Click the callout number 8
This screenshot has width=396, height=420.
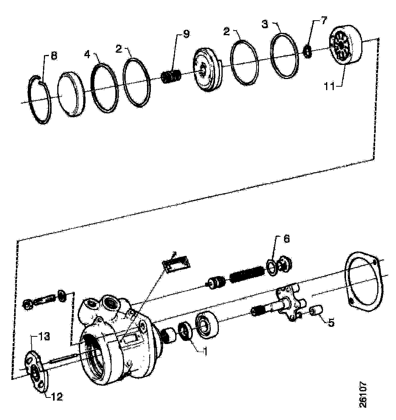pos(54,56)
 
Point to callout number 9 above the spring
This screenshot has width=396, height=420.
pos(185,34)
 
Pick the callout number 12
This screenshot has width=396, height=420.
pos(56,397)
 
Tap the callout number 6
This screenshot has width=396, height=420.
pos(286,239)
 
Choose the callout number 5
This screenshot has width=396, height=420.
pos(331,322)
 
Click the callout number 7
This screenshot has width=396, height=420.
pos(324,21)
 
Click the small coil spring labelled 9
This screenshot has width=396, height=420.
pos(171,76)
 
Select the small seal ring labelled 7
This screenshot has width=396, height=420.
pos(307,51)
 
